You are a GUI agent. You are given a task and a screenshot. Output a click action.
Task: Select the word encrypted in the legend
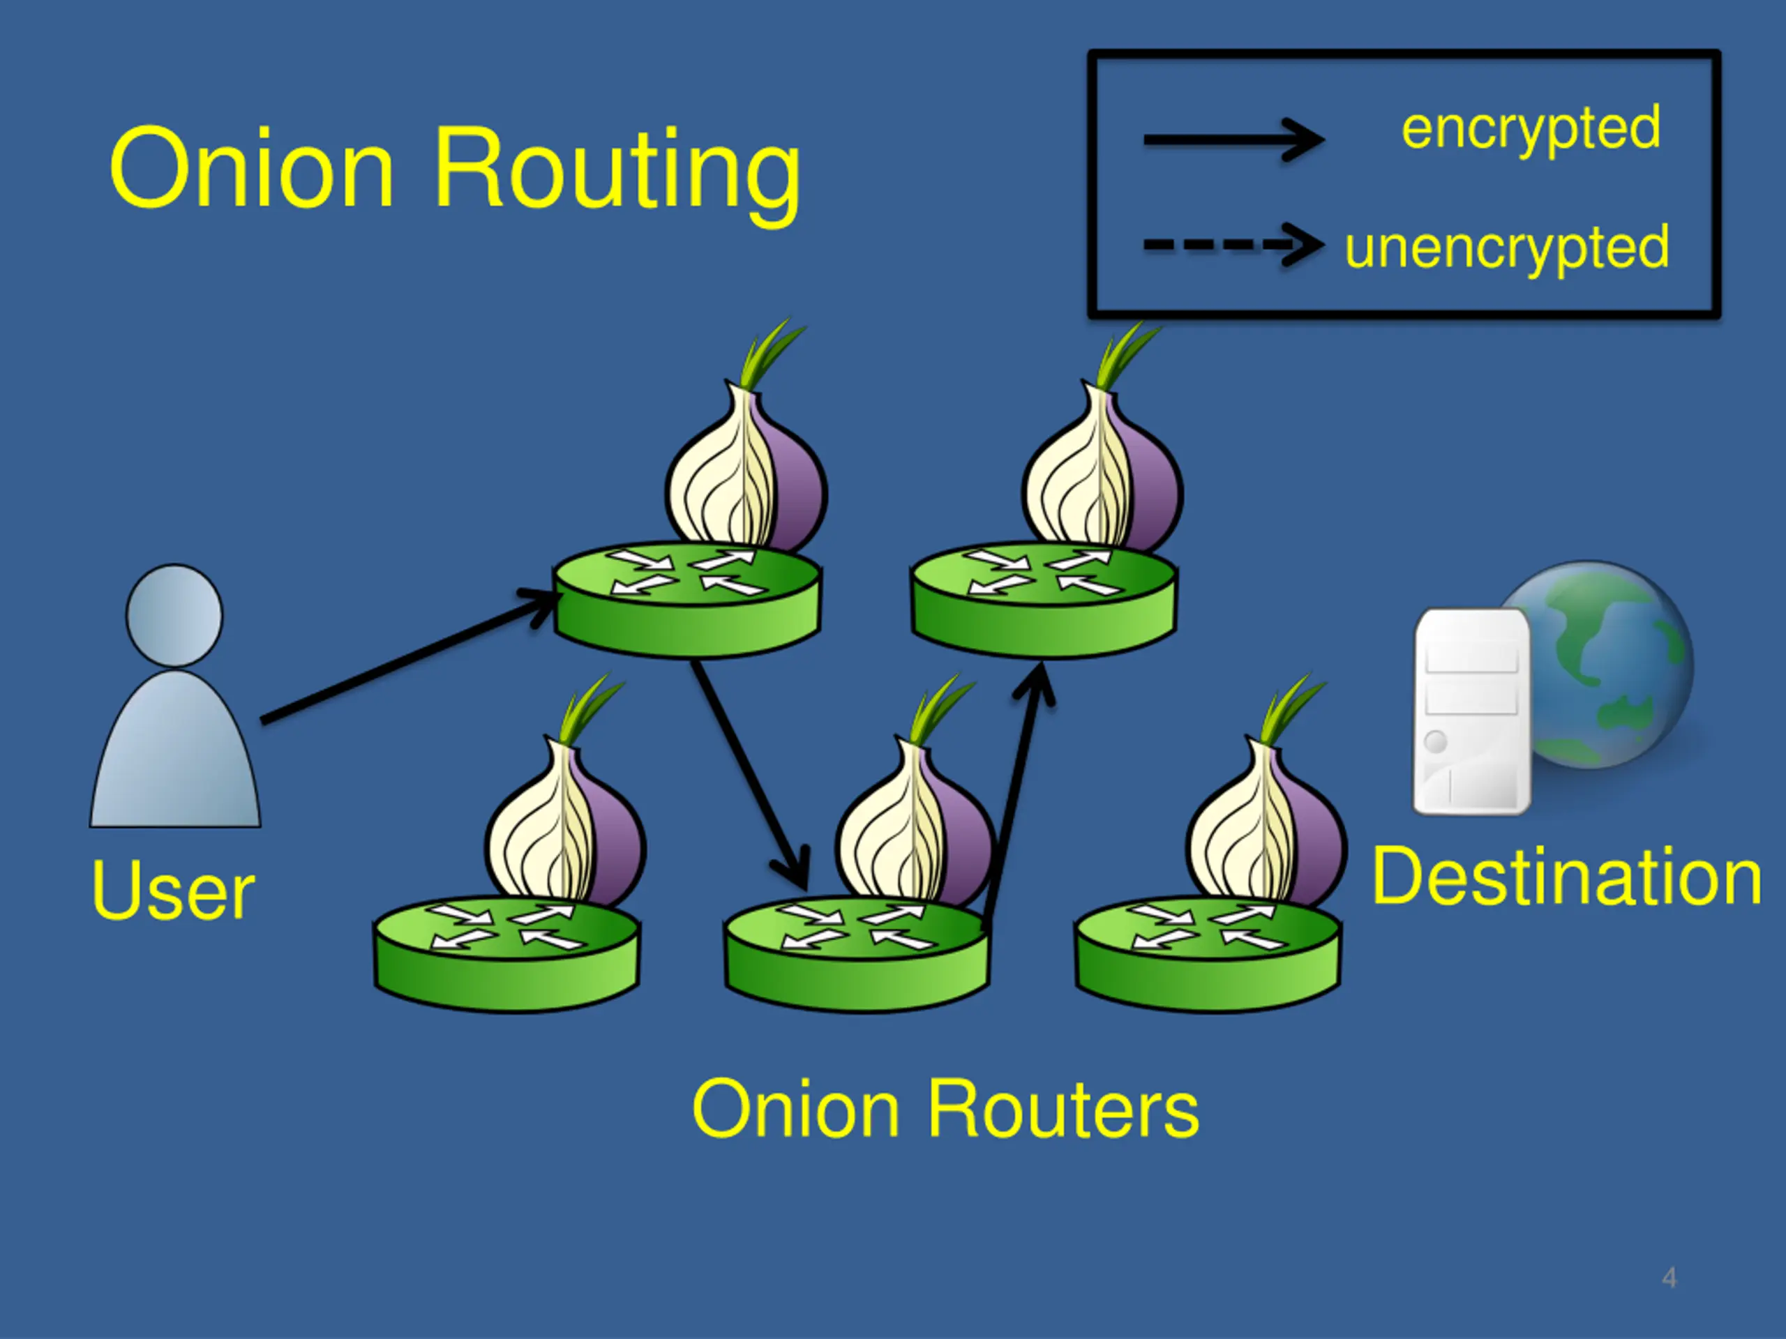coord(1531,130)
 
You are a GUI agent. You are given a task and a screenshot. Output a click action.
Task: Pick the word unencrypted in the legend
coord(1507,248)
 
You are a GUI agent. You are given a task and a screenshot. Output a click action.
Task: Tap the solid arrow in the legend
coord(1233,139)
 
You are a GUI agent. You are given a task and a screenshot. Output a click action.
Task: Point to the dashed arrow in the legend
coord(1233,244)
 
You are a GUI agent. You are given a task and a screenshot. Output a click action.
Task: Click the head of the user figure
coord(174,615)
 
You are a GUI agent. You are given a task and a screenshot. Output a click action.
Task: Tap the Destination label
coord(1566,877)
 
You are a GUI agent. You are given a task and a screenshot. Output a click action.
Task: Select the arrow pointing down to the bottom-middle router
coord(749,775)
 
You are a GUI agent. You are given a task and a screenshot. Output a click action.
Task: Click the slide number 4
coord(1669,1278)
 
